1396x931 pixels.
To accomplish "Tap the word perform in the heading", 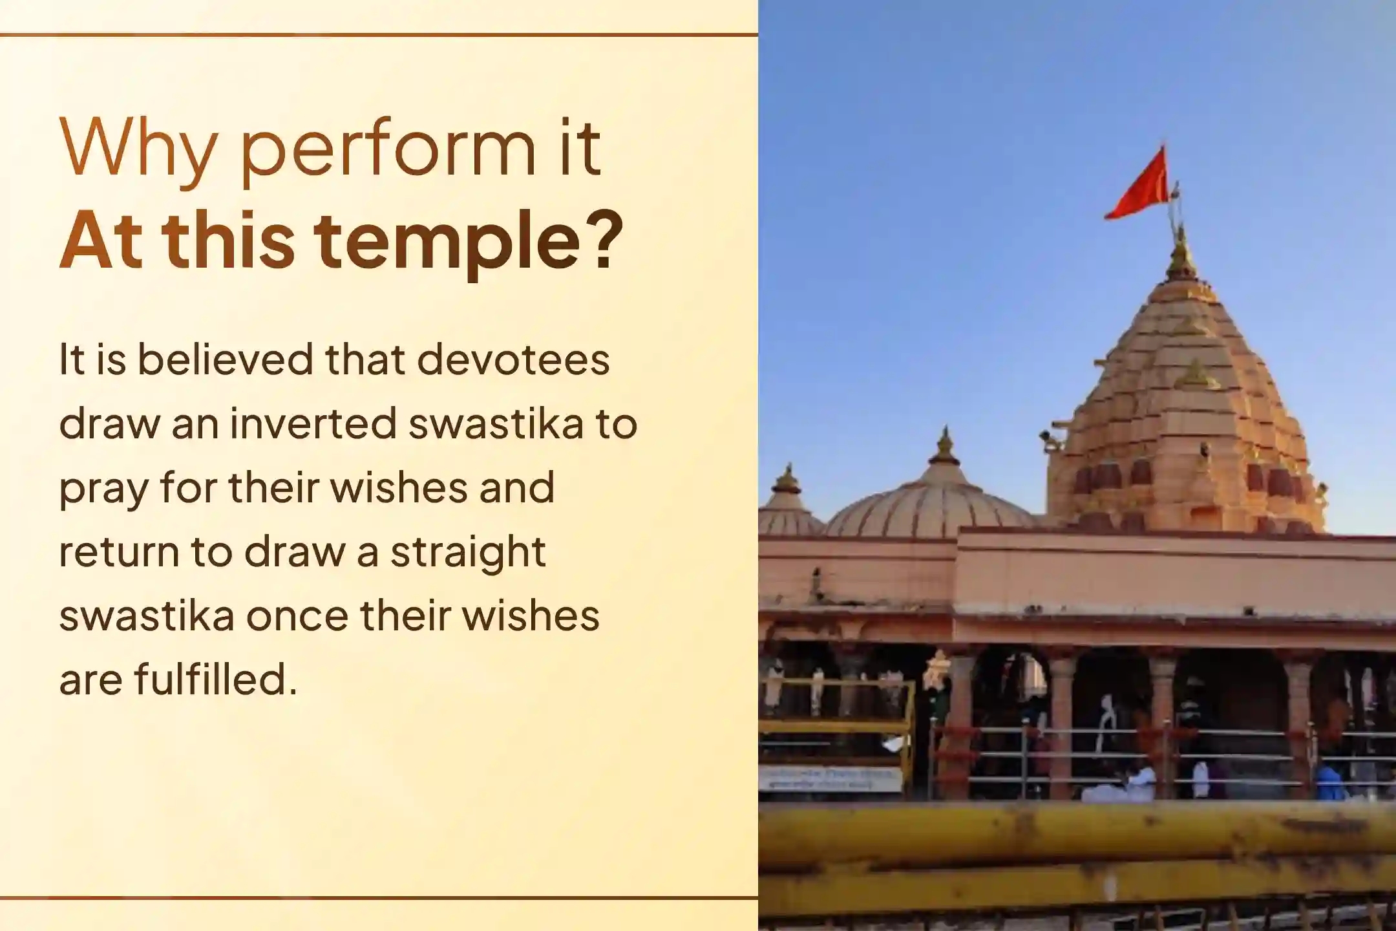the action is (388, 153).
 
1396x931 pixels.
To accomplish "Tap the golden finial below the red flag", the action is (1181, 255).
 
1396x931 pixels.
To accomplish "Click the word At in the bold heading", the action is (101, 239).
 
